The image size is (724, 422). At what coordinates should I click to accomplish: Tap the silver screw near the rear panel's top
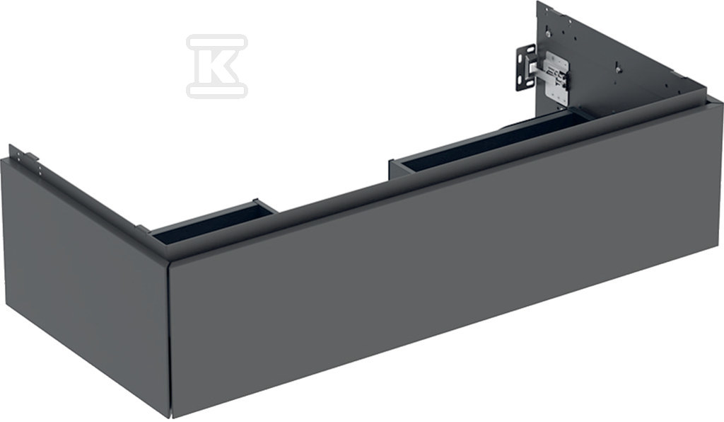(x=547, y=33)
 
